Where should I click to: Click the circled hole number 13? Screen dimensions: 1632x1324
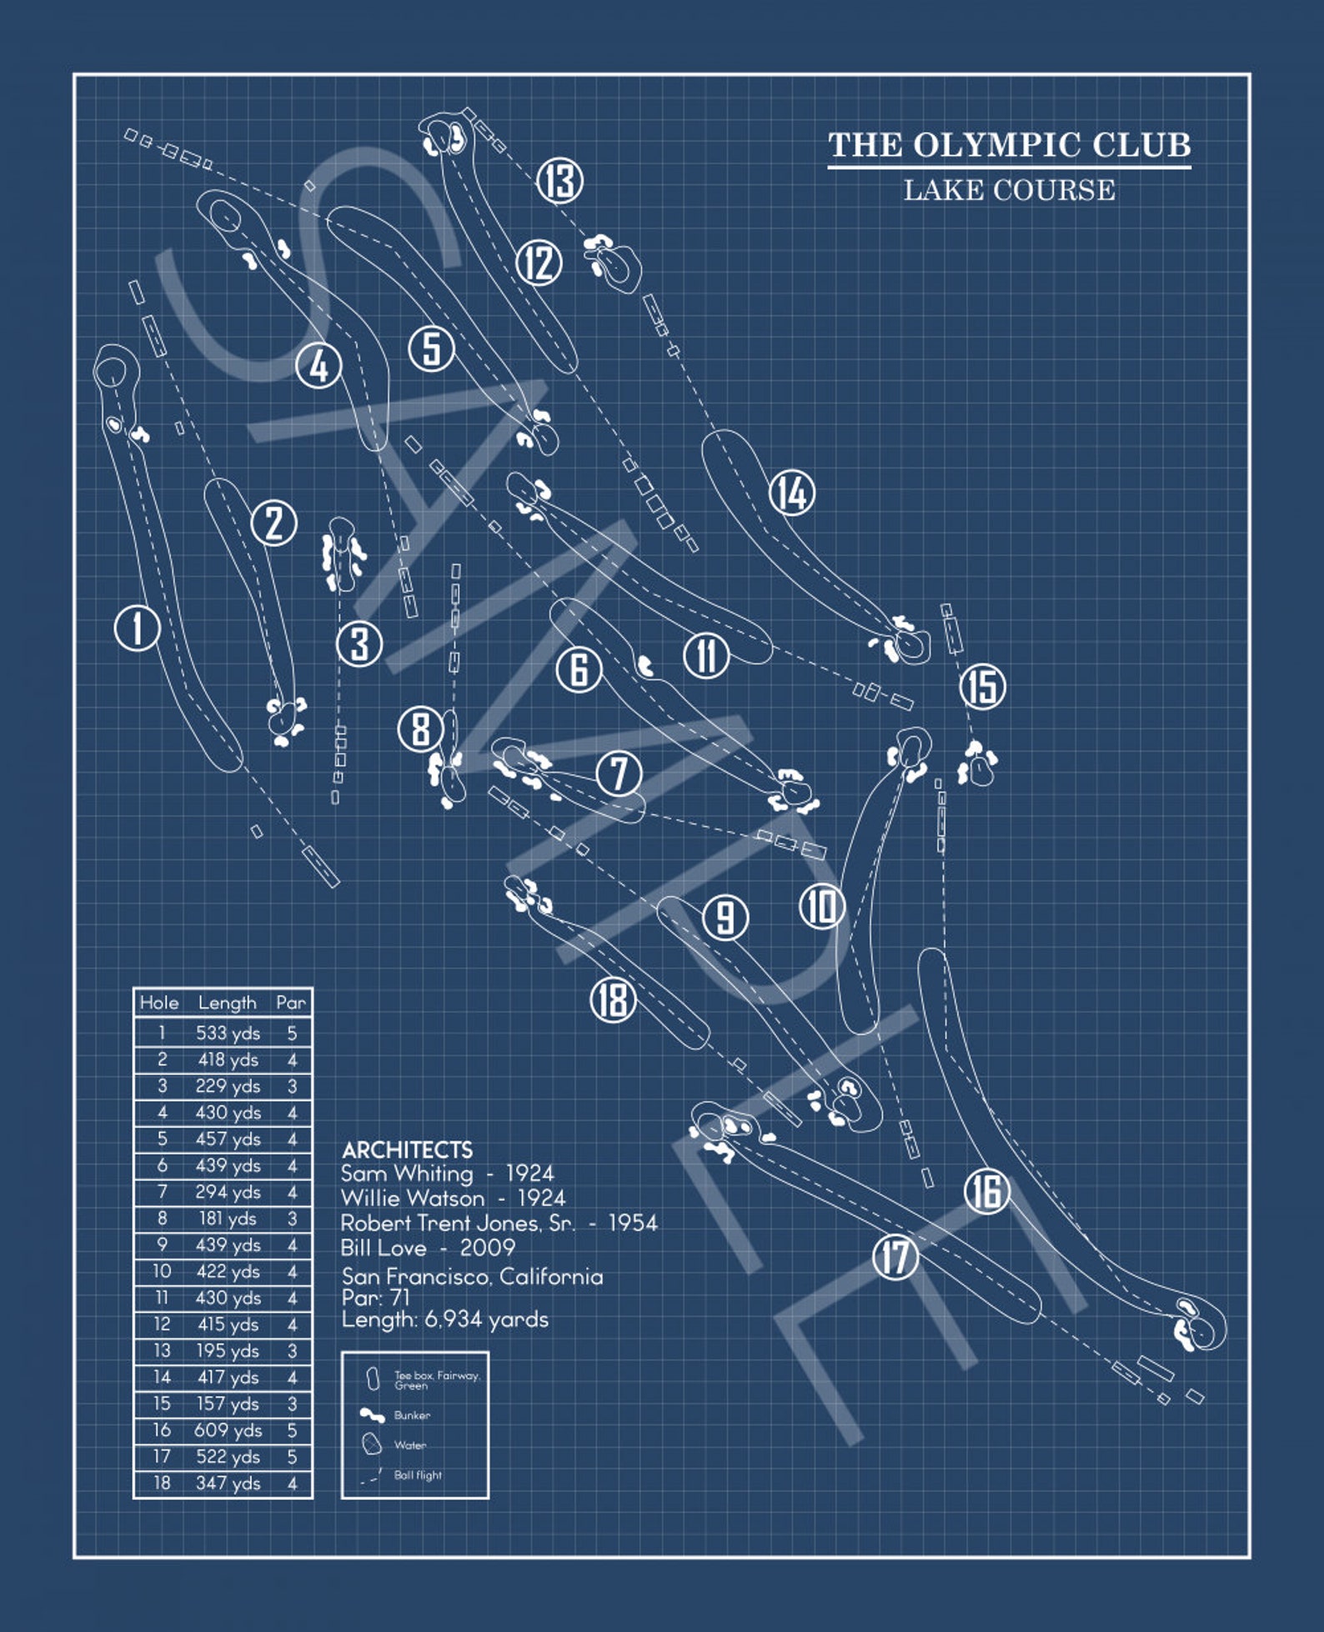click(559, 180)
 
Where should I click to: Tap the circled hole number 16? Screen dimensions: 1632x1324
click(986, 1190)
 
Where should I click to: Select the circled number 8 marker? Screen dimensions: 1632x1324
click(420, 728)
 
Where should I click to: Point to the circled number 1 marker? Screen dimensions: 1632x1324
click(137, 628)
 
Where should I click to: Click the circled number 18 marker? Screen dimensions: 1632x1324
click(614, 999)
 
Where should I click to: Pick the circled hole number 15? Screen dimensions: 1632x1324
click(982, 687)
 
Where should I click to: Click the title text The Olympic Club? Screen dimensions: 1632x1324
click(1009, 145)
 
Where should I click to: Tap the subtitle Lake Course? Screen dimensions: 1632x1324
click(1009, 190)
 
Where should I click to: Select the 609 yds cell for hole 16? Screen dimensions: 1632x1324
click(228, 1430)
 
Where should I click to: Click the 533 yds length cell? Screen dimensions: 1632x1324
click(228, 1033)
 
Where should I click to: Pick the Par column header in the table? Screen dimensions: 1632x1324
click(291, 1002)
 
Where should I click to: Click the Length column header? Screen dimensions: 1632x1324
click(227, 1002)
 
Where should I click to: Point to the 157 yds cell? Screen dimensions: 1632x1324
click(228, 1404)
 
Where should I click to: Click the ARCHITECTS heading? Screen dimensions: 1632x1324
click(407, 1149)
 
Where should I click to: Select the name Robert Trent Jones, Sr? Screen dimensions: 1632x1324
click(458, 1223)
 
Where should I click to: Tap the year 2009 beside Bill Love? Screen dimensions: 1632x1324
click(488, 1248)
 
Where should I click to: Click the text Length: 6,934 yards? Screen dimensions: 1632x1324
click(445, 1319)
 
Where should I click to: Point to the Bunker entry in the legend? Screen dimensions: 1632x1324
click(411, 1415)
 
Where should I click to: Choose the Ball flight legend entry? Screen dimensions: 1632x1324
click(417, 1475)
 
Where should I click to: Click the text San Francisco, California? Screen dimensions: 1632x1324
click(472, 1276)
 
